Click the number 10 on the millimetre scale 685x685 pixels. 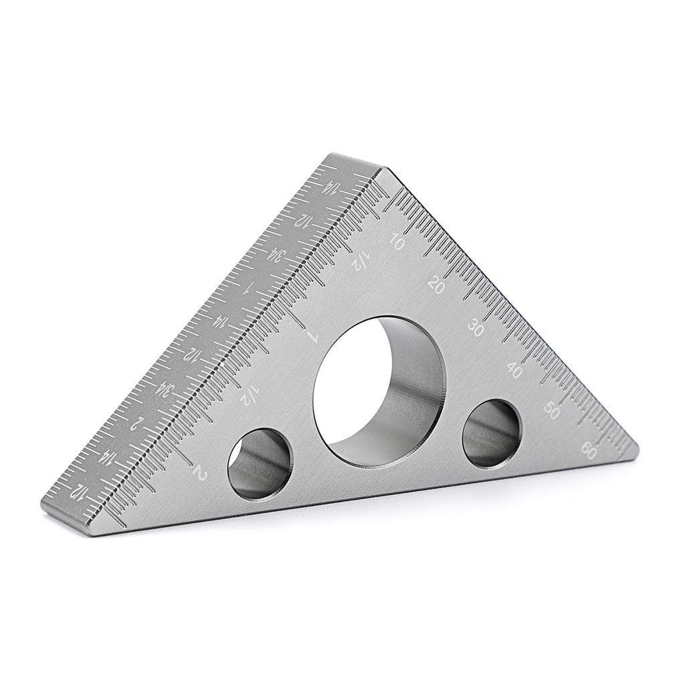tap(396, 243)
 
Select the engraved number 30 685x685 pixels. tap(476, 328)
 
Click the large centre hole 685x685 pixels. tap(379, 391)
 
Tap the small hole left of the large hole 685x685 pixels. tap(260, 461)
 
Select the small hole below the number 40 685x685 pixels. tap(492, 433)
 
